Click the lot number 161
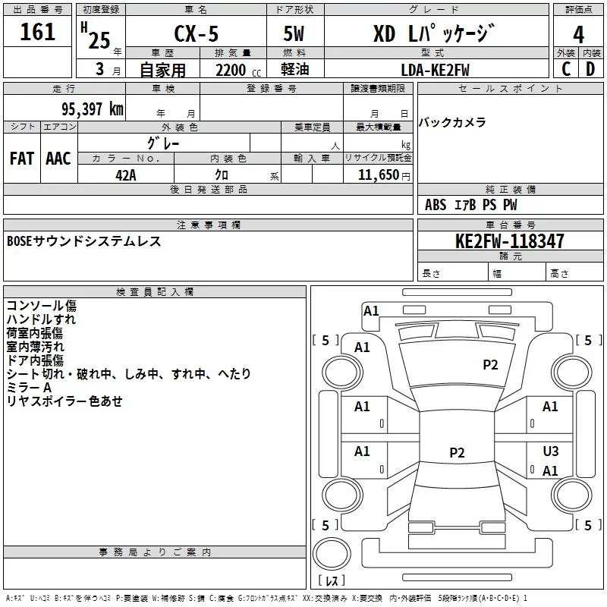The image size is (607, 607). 38,32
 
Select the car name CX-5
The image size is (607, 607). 194,34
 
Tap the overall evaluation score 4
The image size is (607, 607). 578,34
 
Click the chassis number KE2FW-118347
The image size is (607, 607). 509,241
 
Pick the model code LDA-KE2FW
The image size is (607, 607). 435,69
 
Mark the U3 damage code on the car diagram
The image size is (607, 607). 551,451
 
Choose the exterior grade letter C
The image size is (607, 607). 566,69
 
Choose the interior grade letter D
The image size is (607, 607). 590,69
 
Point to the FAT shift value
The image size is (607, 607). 22,158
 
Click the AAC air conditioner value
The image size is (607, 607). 58,158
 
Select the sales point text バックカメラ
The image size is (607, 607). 452,122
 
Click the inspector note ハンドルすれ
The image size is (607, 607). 42,319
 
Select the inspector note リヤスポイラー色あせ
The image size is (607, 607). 64,401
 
